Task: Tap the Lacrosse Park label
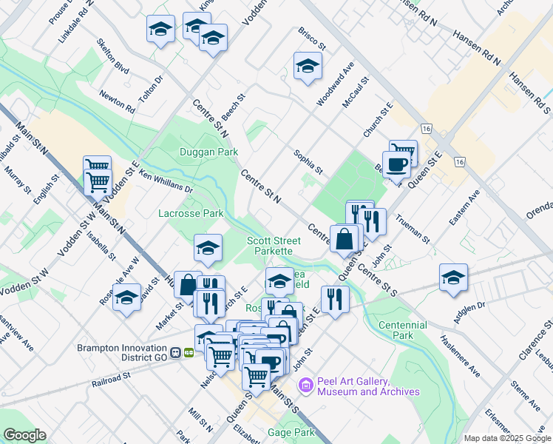point(191,213)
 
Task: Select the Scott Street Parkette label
point(274,246)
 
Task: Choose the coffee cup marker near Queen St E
point(396,164)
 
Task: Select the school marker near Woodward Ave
point(308,67)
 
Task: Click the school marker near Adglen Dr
point(453,277)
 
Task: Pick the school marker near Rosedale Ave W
point(127,297)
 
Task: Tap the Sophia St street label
point(308,161)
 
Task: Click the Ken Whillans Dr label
point(166,182)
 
